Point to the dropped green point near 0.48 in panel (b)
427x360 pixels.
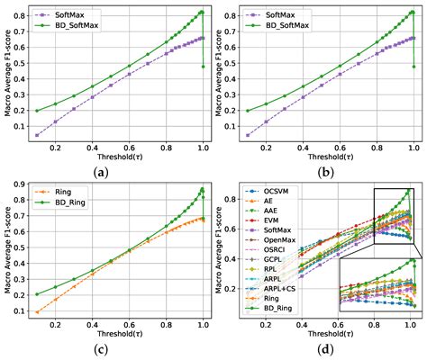point(414,67)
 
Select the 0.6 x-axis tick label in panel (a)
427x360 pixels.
point(130,148)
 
